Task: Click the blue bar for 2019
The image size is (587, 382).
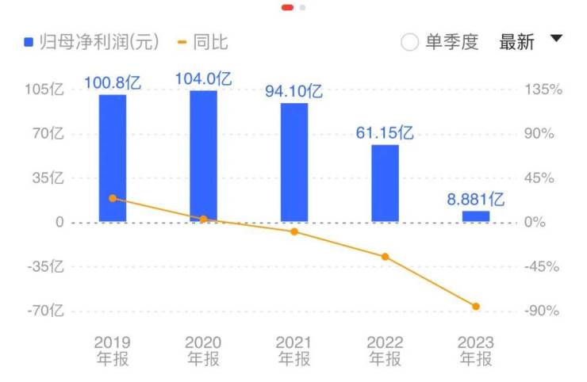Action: pyautogui.click(x=113, y=159)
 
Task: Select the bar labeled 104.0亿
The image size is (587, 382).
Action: pyautogui.click(x=203, y=156)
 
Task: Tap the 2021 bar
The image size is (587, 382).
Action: pyautogui.click(x=293, y=162)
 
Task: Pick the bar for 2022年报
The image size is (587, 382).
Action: pyautogui.click(x=385, y=183)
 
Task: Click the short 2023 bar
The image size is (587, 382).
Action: pyautogui.click(x=476, y=216)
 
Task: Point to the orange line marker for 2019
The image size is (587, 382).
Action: pyautogui.click(x=113, y=198)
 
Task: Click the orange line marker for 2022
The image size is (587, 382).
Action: pyautogui.click(x=385, y=257)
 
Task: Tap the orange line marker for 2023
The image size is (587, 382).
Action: pyautogui.click(x=476, y=307)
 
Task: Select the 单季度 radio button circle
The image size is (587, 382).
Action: pyautogui.click(x=409, y=43)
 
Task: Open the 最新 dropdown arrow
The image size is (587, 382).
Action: pyautogui.click(x=555, y=39)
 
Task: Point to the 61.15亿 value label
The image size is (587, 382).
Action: pyautogui.click(x=385, y=133)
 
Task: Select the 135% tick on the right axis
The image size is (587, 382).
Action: pyautogui.click(x=543, y=90)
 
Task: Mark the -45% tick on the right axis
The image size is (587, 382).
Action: pyautogui.click(x=543, y=266)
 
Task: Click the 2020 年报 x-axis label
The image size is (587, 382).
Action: pyautogui.click(x=203, y=350)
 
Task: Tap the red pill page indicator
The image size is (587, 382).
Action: pyautogui.click(x=287, y=7)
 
